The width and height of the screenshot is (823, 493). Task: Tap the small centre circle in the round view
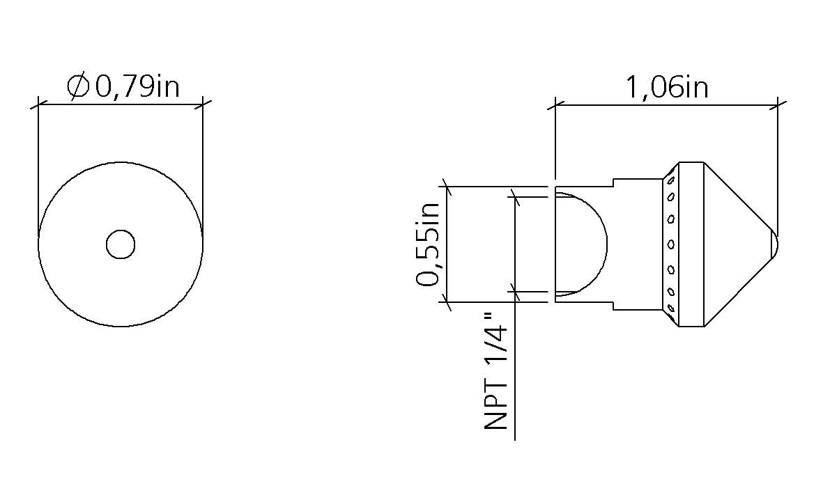click(x=120, y=244)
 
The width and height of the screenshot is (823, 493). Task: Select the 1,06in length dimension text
click(x=666, y=88)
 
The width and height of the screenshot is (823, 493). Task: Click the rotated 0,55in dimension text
click(x=428, y=244)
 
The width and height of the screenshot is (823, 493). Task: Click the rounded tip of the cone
click(x=774, y=244)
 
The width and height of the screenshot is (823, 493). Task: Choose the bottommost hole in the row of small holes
click(x=670, y=308)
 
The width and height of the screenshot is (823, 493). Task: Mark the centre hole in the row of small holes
click(x=671, y=244)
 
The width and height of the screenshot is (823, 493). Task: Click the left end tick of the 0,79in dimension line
click(x=38, y=105)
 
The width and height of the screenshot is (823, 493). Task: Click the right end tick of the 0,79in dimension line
click(x=203, y=105)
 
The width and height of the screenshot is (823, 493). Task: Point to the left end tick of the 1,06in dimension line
click(x=555, y=106)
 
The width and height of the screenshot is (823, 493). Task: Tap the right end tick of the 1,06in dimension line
click(x=777, y=106)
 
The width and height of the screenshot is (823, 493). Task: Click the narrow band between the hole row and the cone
click(x=691, y=244)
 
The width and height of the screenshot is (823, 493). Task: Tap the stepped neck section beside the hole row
click(x=637, y=244)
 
